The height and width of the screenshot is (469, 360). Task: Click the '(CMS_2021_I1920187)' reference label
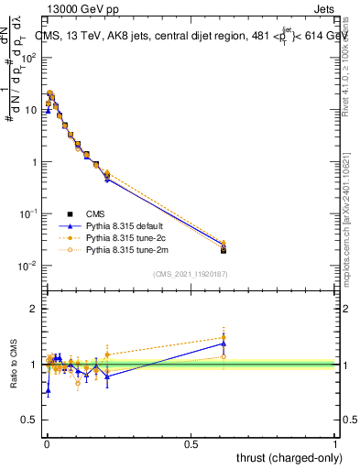(x=190, y=273)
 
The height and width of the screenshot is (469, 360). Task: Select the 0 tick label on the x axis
(x=46, y=443)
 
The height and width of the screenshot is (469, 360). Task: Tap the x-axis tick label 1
(x=335, y=443)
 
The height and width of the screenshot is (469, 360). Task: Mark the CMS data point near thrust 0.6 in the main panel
(x=224, y=250)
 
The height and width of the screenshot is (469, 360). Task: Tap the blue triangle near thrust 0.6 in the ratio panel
(x=224, y=344)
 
